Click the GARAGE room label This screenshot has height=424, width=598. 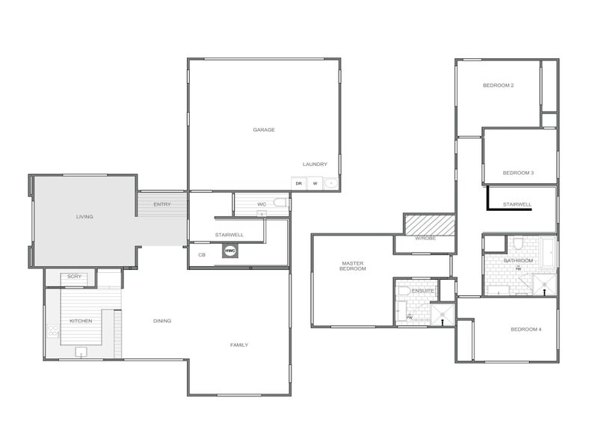(264, 129)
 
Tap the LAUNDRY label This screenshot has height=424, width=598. (315, 165)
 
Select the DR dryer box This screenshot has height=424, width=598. (298, 183)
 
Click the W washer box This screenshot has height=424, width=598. (315, 183)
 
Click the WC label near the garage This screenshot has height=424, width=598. (262, 203)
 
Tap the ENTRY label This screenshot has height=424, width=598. (162, 204)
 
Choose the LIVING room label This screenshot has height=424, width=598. (84, 217)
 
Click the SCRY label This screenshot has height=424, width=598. (74, 277)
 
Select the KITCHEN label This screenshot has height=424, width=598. (81, 321)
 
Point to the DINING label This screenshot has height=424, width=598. (162, 321)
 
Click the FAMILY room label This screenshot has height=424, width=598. (239, 345)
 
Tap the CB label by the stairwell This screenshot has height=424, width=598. (202, 255)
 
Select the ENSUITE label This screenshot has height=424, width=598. (422, 291)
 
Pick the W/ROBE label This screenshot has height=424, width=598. (425, 239)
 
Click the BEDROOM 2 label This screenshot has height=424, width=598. (498, 85)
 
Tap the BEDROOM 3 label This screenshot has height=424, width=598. (518, 173)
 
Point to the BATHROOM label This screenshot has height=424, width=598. (518, 260)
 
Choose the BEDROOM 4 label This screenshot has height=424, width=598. (525, 329)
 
